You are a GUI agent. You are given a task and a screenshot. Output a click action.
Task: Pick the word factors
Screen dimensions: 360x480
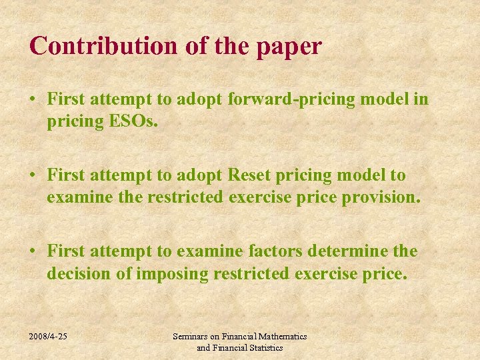pos(275,251)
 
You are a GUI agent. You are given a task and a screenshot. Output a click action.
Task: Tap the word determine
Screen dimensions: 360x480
pos(351,251)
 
